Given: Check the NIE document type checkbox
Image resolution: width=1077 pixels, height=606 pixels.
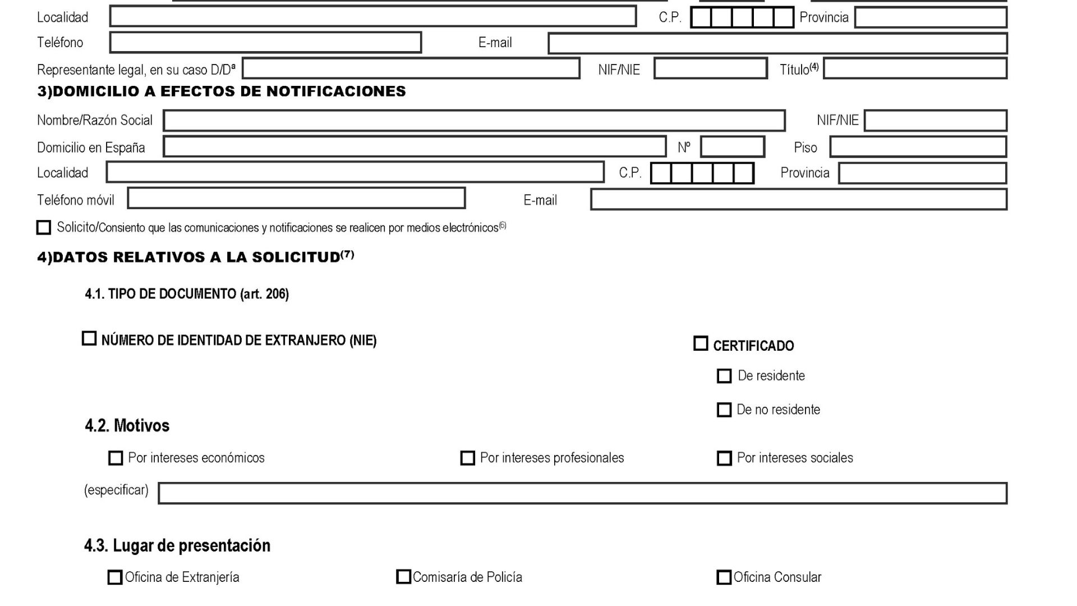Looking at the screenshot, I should pos(89,339).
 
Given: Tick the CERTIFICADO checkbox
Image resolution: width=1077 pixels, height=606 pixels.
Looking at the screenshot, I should pos(701,344).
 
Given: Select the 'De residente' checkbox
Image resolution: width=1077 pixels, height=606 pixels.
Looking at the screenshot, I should pos(724,376).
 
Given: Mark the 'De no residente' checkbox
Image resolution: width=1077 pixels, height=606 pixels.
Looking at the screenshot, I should pos(724,410).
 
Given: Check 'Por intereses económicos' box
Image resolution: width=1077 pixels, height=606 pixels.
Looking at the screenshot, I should pos(116,458).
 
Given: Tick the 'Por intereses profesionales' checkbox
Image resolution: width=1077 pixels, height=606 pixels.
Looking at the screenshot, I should pos(467,458).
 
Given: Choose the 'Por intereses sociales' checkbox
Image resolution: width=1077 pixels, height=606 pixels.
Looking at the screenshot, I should pos(724,458).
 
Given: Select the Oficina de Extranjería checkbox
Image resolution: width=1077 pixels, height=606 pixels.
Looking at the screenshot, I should pos(114,577).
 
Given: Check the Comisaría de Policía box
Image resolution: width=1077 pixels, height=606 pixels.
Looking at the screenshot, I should pos(403,577).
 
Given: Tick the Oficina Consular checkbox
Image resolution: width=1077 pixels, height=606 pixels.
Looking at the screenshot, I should pos(724,577).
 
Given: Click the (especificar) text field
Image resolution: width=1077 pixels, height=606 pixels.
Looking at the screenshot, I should pos(582,493).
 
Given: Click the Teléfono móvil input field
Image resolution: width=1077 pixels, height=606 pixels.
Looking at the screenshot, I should pos(296,199).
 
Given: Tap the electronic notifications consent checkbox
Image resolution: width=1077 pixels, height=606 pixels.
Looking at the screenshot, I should pos(44,227).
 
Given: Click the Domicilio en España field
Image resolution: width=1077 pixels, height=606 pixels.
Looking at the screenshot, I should pos(415,147).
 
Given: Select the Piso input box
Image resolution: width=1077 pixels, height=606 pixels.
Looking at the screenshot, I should pos(918,147).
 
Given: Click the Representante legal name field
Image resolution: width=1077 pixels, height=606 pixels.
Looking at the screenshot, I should pos(411,69).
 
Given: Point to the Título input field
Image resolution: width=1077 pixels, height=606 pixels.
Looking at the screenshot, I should pos(915,69).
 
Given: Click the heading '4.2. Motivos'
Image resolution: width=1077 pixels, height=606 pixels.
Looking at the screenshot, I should pos(127,426).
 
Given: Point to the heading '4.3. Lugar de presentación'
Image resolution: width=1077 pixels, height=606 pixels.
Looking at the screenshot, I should pos(177,546).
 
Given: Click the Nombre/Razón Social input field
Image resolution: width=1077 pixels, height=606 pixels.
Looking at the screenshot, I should pos(474,121).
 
